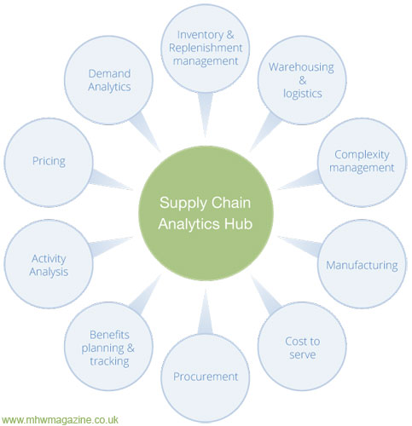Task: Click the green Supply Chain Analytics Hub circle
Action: (206, 213)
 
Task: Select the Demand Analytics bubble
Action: (108, 80)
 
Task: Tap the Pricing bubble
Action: (49, 163)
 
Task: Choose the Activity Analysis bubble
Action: (49, 264)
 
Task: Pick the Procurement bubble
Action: (206, 378)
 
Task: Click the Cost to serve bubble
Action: (302, 346)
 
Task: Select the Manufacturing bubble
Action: (362, 264)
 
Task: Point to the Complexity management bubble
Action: (362, 163)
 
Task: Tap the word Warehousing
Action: (301, 67)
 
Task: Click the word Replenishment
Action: (206, 48)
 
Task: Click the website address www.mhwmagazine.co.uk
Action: (60, 420)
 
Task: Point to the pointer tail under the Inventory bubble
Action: (206, 113)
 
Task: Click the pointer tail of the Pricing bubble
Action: (111, 180)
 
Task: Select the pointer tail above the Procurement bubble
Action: (206, 313)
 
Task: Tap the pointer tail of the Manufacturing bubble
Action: (300, 246)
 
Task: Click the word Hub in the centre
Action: (238, 224)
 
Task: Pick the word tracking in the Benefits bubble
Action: (109, 361)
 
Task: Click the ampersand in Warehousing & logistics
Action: (303, 80)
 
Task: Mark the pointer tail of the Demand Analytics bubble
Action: (145, 131)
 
